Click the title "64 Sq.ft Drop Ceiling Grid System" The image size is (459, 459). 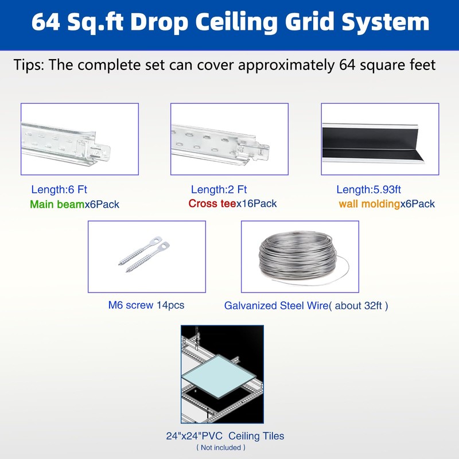tap(229, 22)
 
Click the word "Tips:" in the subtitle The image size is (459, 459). tap(29, 65)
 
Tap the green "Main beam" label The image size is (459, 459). tap(57, 204)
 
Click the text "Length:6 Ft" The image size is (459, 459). tap(59, 189)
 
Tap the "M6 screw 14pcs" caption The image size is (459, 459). tap(146, 305)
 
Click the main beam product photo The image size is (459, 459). tap(80, 139)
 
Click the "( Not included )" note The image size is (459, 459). tap(221, 448)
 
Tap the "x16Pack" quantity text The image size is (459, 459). tap(256, 204)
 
